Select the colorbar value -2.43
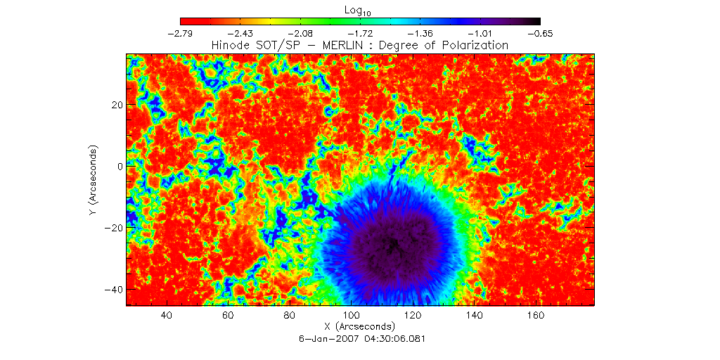(241, 34)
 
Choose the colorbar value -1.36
(420, 34)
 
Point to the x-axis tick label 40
(167, 316)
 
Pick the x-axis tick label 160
(536, 316)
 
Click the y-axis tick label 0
(120, 167)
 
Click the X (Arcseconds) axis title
(360, 327)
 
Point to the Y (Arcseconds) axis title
(93, 181)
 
